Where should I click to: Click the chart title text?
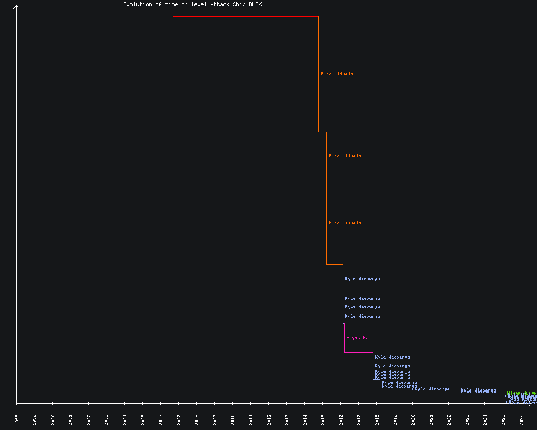coord(192,4)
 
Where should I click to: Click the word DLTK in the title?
coord(255,4)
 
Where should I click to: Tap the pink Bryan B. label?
coord(357,338)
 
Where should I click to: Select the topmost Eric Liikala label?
coord(337,74)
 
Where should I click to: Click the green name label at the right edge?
coord(521,392)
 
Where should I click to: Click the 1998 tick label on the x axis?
coord(17,419)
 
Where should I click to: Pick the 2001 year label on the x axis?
coord(71,419)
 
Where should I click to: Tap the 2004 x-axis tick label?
coord(125,419)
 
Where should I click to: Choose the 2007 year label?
coord(179,419)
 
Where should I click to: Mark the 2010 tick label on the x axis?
coord(233,419)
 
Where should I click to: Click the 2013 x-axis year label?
coord(287,419)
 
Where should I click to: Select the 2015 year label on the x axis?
coord(323,419)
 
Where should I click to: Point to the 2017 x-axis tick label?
coord(359,419)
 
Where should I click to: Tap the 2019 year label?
coord(395,419)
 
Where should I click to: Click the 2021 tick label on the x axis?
coord(431,419)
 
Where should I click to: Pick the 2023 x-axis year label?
coord(467,419)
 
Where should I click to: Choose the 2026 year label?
coord(521,419)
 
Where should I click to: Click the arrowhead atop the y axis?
coord(17,8)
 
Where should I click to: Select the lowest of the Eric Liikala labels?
coord(345,223)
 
